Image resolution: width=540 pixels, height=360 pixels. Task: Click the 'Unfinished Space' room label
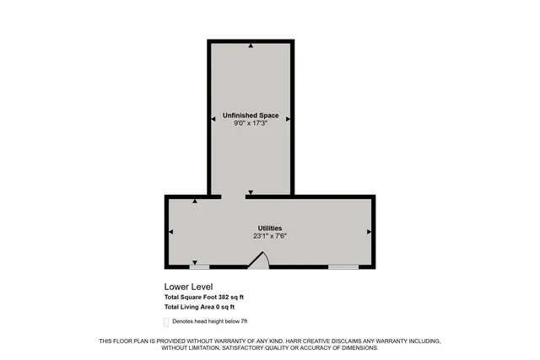(251, 115)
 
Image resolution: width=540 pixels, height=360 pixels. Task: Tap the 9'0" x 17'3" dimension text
(251, 123)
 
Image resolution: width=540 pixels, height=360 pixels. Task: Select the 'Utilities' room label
(270, 228)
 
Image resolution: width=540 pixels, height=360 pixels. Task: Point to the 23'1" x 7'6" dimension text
(270, 236)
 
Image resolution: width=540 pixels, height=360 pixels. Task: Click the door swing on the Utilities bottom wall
(258, 262)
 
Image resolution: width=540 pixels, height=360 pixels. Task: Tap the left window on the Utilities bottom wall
(199, 267)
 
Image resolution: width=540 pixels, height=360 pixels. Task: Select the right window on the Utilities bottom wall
(343, 267)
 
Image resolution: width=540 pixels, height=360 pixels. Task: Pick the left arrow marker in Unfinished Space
(213, 119)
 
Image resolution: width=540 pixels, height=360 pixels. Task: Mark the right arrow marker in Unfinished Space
(289, 119)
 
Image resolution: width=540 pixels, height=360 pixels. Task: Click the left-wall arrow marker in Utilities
(171, 231)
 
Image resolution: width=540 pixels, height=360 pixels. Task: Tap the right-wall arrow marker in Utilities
(369, 231)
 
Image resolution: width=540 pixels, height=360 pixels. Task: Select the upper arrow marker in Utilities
(196, 201)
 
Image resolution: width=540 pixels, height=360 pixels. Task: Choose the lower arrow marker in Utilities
(196, 261)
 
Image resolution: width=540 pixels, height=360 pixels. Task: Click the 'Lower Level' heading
(185, 286)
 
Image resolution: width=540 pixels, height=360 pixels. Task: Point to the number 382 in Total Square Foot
(224, 298)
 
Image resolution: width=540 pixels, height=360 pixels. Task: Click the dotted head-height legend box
(166, 322)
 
